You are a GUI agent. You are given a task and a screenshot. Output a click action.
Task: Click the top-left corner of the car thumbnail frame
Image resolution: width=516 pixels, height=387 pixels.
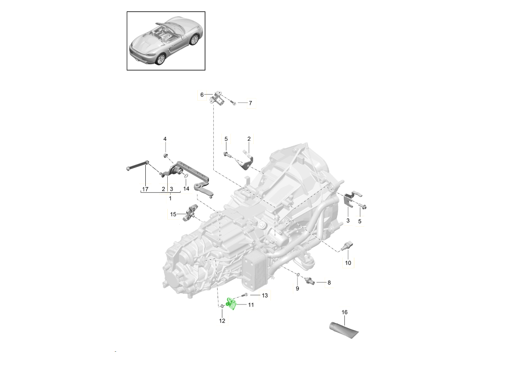tap(127, 12)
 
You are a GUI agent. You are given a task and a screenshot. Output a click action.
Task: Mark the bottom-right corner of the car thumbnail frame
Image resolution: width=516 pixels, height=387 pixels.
tap(205, 70)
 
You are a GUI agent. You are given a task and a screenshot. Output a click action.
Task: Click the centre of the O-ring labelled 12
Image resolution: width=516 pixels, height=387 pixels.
tap(222, 306)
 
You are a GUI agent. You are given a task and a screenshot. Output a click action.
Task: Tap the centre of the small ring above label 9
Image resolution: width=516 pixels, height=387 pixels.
tap(298, 274)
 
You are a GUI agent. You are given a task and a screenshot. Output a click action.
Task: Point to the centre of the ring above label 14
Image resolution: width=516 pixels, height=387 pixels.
tap(186, 176)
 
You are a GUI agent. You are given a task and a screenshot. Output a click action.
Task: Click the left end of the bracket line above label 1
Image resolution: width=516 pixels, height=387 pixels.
tap(141, 193)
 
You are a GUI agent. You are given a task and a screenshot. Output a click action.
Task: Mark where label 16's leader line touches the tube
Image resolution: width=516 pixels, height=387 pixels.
tap(344, 325)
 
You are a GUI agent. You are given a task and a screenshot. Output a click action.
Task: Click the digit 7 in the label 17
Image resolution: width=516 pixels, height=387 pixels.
tap(147, 189)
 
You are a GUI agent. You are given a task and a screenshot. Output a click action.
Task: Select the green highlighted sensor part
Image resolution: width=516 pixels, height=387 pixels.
tap(231, 304)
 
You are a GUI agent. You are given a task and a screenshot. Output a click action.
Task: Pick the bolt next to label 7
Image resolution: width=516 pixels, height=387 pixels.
tap(233, 103)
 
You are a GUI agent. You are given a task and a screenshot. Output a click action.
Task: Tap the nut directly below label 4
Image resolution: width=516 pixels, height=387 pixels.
tap(165, 155)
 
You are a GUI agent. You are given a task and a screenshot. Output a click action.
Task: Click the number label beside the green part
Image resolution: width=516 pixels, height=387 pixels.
tap(251, 305)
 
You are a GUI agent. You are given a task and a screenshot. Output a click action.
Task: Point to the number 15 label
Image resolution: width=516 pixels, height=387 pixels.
tap(173, 214)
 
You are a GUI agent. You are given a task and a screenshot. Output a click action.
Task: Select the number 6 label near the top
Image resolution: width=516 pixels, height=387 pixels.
tap(202, 95)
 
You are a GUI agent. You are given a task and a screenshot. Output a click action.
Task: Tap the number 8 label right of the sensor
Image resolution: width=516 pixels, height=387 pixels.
tap(329, 283)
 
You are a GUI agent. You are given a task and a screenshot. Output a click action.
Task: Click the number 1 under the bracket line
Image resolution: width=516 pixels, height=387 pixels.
tap(170, 199)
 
